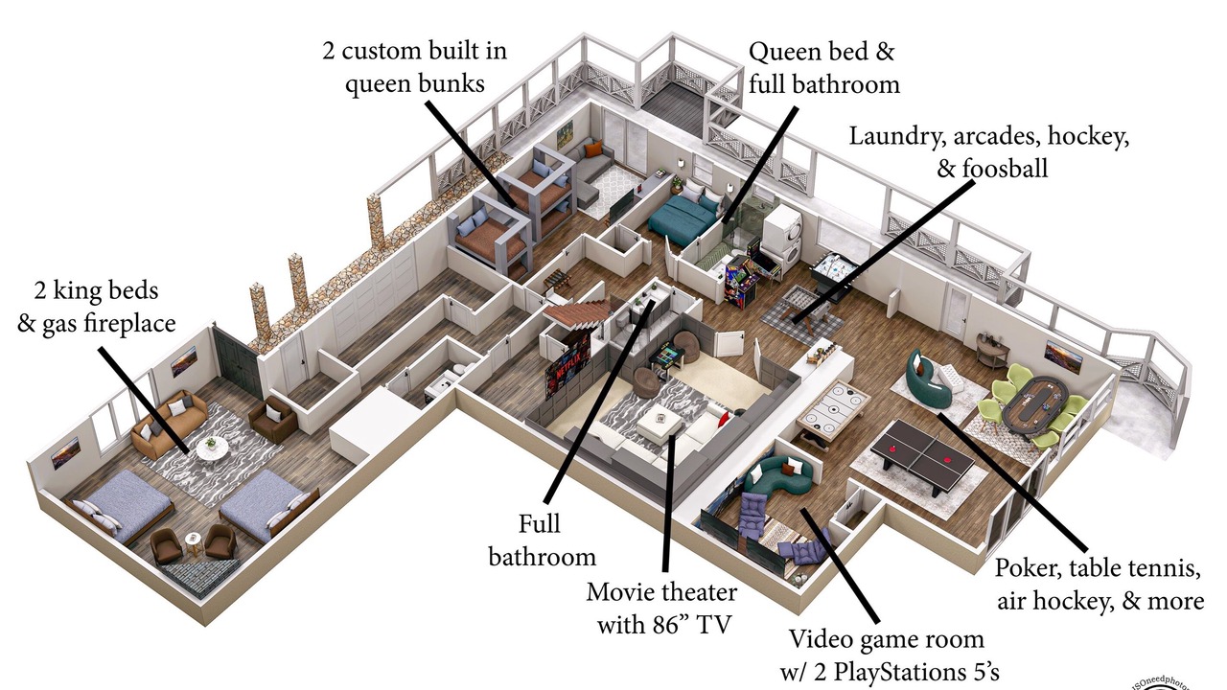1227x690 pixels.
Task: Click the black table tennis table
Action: (x=926, y=450)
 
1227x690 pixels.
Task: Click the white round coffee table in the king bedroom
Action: (x=212, y=447)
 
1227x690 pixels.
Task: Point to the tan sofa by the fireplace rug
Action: (x=170, y=425)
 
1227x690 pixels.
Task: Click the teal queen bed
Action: (x=683, y=219)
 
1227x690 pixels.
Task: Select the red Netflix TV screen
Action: (x=567, y=369)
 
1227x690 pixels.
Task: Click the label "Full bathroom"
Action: (x=543, y=540)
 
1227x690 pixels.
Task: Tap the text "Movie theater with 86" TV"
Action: (x=662, y=609)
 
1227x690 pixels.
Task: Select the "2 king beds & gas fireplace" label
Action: (x=97, y=307)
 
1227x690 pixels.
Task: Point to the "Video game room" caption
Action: (x=886, y=639)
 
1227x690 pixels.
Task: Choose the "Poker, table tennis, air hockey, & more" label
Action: (x=1098, y=585)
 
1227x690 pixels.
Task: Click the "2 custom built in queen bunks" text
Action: (x=415, y=66)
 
